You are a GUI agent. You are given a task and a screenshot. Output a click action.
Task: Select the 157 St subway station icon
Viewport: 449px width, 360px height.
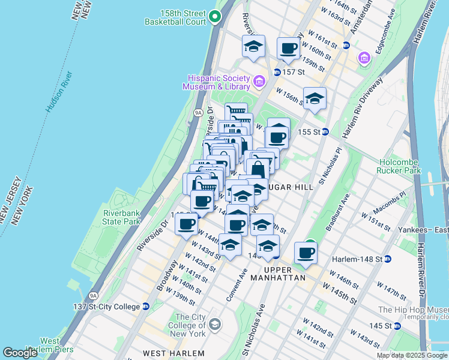click(277, 72)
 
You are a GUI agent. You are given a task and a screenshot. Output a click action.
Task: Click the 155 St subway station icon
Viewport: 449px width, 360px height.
click(325, 131)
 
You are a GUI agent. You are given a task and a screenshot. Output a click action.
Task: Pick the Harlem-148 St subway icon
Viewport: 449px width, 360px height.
click(388, 259)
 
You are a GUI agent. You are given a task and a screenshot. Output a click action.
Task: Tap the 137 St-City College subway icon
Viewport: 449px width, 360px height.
click(146, 307)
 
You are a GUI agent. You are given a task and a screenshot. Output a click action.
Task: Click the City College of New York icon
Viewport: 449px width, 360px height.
click(215, 325)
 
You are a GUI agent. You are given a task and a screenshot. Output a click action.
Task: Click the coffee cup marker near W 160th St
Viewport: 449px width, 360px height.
click(288, 49)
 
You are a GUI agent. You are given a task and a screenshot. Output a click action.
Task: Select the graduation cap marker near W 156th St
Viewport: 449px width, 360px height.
click(315, 99)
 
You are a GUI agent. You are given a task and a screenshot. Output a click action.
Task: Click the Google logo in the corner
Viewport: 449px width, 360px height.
click(20, 353)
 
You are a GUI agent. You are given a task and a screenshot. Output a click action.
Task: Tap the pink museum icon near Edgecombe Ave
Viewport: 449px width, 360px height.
click(364, 58)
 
